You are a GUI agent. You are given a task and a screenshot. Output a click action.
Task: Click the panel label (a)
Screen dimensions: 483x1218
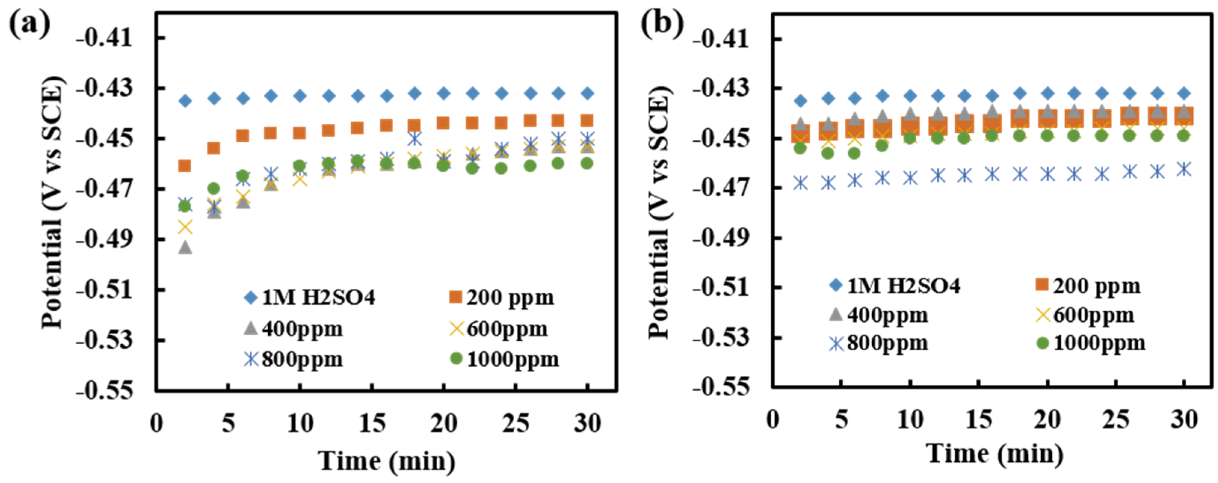point(29,24)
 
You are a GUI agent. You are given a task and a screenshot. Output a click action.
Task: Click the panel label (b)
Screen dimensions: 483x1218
point(662,24)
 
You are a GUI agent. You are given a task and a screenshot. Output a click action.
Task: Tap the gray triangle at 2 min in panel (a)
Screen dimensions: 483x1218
point(185,247)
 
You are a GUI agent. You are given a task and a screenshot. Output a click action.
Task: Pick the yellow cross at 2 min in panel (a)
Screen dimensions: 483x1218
point(185,227)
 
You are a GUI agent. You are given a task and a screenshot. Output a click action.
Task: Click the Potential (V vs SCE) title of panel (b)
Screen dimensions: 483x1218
point(660,213)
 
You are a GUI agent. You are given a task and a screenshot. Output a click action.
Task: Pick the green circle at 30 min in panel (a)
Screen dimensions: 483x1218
point(587,163)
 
